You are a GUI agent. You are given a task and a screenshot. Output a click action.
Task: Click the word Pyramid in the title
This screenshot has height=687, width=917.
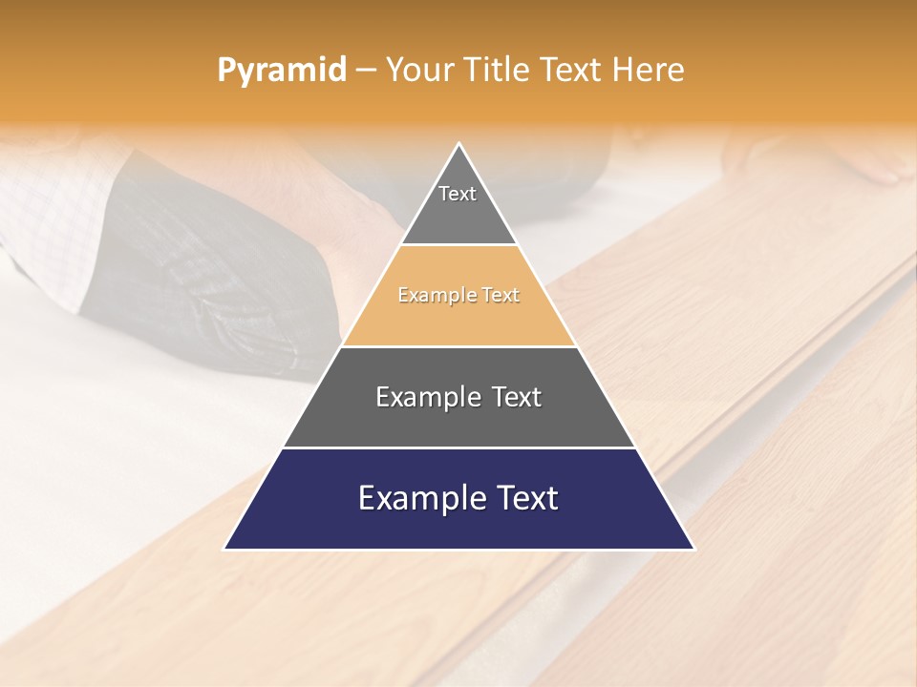[x=281, y=71]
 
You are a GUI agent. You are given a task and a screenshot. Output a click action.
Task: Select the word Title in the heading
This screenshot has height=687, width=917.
[x=497, y=71]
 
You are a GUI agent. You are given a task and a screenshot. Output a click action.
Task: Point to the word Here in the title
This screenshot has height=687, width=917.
[x=648, y=71]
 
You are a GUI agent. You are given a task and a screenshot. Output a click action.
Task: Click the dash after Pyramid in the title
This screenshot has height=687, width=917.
[x=366, y=71]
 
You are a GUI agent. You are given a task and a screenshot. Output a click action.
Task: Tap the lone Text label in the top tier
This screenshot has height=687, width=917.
[x=458, y=194]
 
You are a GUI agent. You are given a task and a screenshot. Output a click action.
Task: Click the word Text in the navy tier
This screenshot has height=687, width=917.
[x=523, y=498]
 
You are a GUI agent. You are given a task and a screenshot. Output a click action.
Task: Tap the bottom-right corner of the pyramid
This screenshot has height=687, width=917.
[x=693, y=549]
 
